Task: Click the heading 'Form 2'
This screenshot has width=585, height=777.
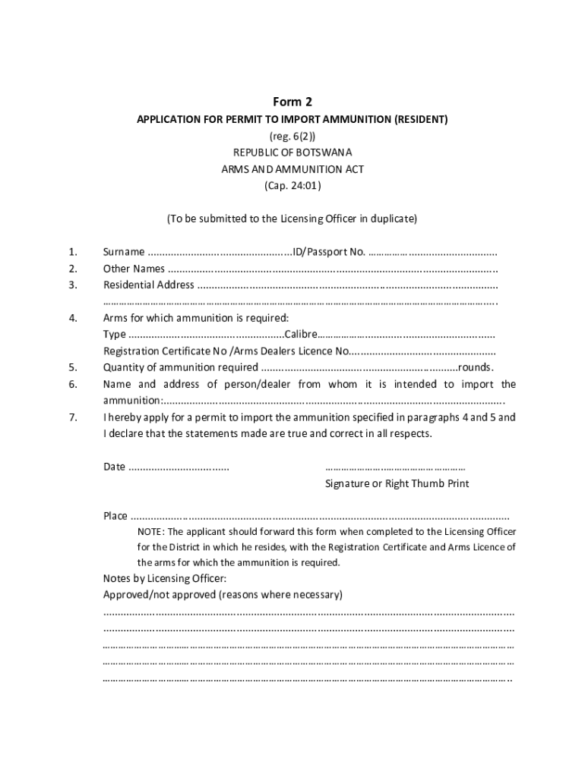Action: pos(292,102)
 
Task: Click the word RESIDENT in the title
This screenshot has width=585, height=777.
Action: pos(420,120)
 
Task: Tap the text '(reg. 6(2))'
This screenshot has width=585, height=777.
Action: pos(292,137)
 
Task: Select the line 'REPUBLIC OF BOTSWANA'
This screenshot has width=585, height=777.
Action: pos(292,153)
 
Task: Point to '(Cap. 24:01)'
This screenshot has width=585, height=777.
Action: pos(292,185)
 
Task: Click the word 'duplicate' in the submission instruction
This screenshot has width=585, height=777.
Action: pos(392,219)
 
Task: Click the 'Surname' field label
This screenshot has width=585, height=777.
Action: pos(124,252)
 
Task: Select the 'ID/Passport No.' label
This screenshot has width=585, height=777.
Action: pos(329,252)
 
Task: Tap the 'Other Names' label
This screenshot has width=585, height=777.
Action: pos(134,269)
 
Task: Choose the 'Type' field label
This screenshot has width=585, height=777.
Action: pos(115,335)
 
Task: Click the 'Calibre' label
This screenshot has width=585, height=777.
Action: pos(300,335)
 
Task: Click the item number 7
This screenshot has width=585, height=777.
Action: pos(72,417)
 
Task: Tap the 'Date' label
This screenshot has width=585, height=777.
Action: pos(114,467)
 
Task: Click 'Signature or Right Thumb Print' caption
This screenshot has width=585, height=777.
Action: pos(397,483)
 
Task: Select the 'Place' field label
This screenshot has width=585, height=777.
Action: pos(115,516)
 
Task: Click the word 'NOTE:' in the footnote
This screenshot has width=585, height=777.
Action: pos(150,531)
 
